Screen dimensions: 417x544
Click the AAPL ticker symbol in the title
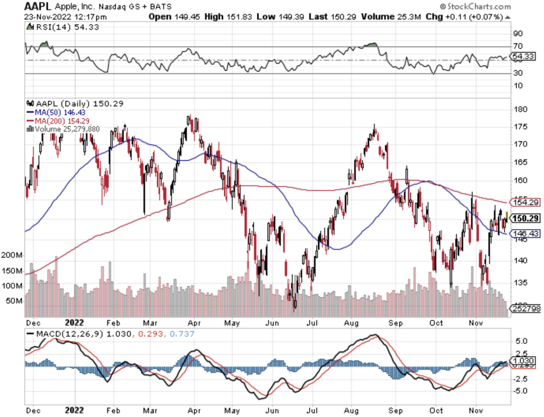click(38, 6)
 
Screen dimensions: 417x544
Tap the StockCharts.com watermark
click(476, 6)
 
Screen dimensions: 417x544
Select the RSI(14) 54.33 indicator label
click(67, 27)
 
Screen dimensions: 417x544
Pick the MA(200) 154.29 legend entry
click(62, 121)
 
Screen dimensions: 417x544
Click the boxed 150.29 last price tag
click(526, 218)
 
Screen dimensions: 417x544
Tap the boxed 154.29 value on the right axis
click(526, 202)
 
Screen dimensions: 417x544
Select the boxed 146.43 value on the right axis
click(526, 234)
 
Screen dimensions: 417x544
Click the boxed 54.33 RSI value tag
click(523, 56)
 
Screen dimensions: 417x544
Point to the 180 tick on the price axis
click(521, 109)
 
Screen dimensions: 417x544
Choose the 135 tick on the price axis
click(521, 283)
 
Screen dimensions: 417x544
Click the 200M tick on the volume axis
click(12, 255)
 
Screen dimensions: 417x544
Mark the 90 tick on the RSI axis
click(518, 34)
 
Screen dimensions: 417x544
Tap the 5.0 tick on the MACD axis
click(521, 341)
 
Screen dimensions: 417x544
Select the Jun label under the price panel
click(272, 323)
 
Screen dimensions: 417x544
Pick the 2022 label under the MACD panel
click(74, 410)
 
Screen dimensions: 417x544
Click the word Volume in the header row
click(378, 17)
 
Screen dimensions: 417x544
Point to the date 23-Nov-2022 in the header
click(47, 17)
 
